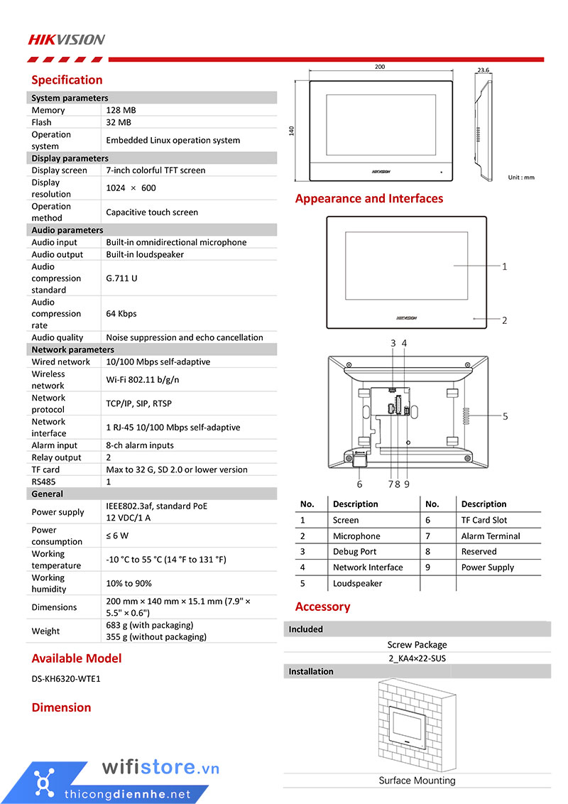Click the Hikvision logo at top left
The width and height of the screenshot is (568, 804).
66,39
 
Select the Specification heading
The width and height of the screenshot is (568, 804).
67,80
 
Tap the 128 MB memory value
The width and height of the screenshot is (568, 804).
121,110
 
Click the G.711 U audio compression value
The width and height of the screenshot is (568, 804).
121,278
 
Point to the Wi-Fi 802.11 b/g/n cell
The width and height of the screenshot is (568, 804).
143,380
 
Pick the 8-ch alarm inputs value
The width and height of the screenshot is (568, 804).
140,445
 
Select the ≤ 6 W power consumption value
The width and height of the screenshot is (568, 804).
117,536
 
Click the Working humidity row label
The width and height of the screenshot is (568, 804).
48,583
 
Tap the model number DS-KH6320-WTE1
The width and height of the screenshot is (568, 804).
66,679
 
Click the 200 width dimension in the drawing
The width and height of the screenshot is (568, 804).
380,67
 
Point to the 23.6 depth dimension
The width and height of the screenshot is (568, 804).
484,70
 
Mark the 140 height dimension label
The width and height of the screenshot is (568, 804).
291,131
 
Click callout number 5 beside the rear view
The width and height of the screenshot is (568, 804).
506,417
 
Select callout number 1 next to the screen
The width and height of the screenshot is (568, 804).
504,267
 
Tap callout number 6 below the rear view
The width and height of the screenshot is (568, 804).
360,484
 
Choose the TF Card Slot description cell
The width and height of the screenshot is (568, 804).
484,521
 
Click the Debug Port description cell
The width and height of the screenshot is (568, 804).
354,552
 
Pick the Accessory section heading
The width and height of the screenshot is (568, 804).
323,607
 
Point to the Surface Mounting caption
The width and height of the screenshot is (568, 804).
417,781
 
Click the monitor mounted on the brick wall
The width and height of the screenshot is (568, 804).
408,726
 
